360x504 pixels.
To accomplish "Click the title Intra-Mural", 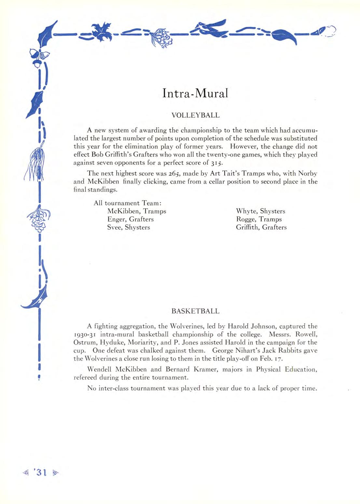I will point(195,93).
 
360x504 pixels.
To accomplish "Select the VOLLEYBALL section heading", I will point(195,115).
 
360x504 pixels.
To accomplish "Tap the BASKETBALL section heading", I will point(195,311).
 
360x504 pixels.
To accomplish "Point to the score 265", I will point(179,174).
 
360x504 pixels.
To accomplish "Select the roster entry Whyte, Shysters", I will point(260,211).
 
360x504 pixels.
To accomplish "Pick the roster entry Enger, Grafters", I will point(130,219).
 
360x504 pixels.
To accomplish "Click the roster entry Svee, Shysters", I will point(129,227).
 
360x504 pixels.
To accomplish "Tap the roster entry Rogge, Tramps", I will point(259,219).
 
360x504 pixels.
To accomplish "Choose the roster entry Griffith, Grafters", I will point(261,227).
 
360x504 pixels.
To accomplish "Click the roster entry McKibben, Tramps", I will point(137,211).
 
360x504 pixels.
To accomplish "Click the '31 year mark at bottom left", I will point(41,473).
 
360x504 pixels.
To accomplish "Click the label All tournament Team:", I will point(126,203).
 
